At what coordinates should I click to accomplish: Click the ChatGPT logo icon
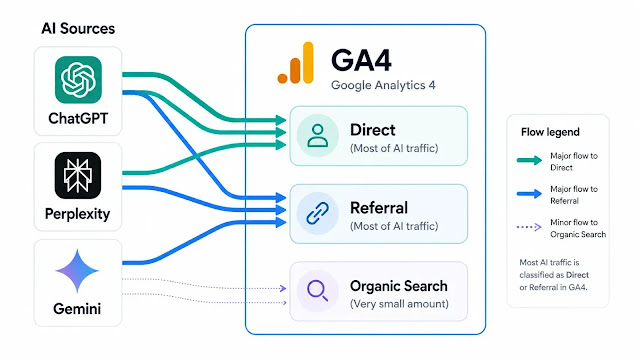78,80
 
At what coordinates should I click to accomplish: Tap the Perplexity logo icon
78,176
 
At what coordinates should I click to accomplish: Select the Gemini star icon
77,271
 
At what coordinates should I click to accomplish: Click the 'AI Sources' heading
78,29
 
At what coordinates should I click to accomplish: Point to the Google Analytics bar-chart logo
296,63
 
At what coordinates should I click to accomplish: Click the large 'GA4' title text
361,60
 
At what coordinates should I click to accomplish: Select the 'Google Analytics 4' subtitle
383,85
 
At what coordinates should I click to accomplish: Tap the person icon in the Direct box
318,136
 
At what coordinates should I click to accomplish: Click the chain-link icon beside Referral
318,213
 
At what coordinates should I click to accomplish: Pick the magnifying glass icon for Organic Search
317,291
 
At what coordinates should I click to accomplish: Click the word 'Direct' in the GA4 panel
373,130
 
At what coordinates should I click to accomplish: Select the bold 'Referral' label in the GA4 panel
379,208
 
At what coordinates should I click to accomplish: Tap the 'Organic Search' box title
399,286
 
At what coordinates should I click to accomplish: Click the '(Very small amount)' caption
399,304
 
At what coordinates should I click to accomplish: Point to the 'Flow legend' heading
550,132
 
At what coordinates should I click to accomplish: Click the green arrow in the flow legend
529,160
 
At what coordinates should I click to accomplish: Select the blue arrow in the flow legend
529,194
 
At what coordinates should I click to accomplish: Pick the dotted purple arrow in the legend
529,227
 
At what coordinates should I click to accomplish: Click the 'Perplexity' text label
78,214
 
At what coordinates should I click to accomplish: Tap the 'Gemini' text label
77,309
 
